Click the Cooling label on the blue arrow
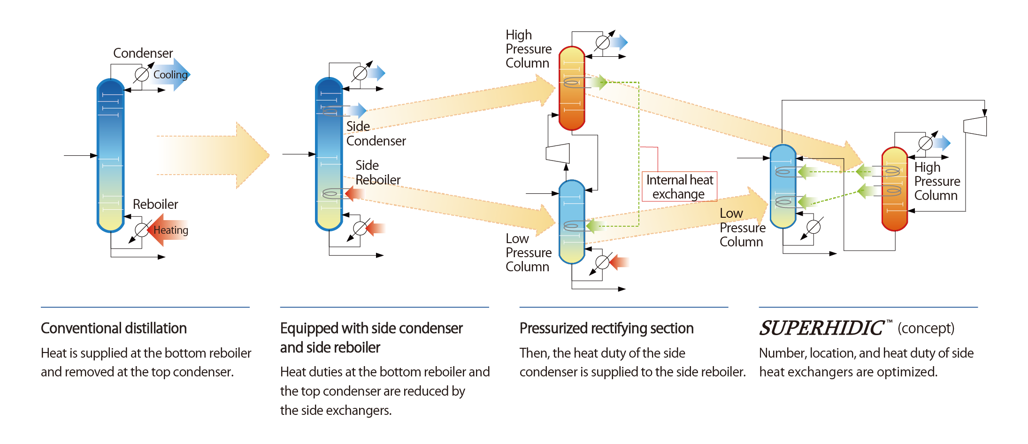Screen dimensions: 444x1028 pos(170,75)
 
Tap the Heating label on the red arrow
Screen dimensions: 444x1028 pos(171,230)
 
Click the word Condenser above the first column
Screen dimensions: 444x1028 pos(143,53)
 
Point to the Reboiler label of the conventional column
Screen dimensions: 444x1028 pos(155,204)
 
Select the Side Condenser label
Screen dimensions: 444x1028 pos(376,134)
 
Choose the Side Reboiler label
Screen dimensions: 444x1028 pos(377,173)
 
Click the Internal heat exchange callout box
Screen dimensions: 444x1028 pos(679,187)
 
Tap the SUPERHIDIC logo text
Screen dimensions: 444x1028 pos(821,328)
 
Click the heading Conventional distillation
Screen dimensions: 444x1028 pos(114,328)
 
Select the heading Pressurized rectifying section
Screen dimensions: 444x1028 pos(606,328)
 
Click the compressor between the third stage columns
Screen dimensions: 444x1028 pos(558,153)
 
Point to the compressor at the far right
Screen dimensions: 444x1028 pos(975,126)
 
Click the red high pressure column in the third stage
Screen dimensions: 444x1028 pos(572,88)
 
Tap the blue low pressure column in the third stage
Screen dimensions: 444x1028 pos(572,222)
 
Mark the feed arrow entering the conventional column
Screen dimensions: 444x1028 pos(80,155)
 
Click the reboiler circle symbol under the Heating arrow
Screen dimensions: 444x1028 pos(141,230)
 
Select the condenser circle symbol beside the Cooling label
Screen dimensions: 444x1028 pos(142,75)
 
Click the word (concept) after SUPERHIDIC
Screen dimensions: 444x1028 pos(926,328)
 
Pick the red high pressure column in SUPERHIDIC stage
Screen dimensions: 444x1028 pos(895,189)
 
